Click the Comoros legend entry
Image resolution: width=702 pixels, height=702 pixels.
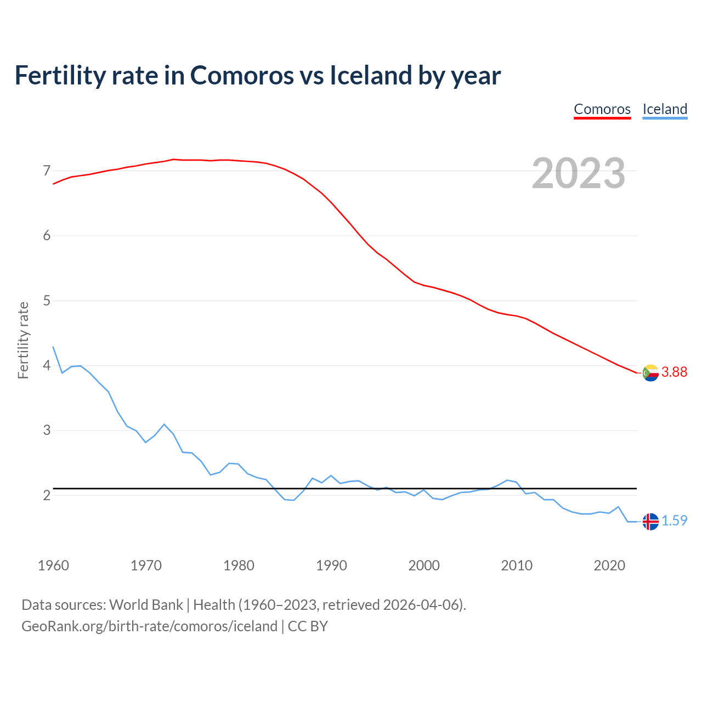[x=602, y=109]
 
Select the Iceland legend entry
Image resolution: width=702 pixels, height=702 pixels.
[x=665, y=109]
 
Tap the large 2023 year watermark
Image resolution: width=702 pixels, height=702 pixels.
[x=579, y=173]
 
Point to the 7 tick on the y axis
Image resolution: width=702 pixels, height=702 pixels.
[x=47, y=171]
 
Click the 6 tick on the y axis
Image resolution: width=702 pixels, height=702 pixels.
[x=47, y=236]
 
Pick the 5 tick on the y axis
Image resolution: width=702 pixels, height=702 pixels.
[x=47, y=301]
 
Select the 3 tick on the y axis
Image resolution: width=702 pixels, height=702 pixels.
[x=47, y=431]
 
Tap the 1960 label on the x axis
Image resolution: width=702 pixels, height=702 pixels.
[x=53, y=565]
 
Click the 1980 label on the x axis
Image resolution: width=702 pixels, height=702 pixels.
[x=239, y=565]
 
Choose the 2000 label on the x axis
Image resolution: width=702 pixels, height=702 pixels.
[x=424, y=565]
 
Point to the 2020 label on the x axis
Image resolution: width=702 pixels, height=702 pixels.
[x=609, y=565]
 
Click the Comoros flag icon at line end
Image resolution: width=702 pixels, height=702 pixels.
[x=650, y=373]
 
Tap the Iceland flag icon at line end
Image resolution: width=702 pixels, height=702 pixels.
[x=650, y=522]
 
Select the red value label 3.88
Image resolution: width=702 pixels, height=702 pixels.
[x=674, y=372]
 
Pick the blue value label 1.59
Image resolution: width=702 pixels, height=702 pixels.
[x=674, y=521]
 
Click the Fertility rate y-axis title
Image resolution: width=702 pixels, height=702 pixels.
[x=23, y=340]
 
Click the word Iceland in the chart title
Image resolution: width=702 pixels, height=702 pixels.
[x=370, y=76]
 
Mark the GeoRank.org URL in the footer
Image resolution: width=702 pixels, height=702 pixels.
[x=149, y=626]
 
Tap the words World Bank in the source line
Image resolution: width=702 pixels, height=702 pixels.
[x=146, y=605]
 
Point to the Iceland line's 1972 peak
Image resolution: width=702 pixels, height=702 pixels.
[x=164, y=424]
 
